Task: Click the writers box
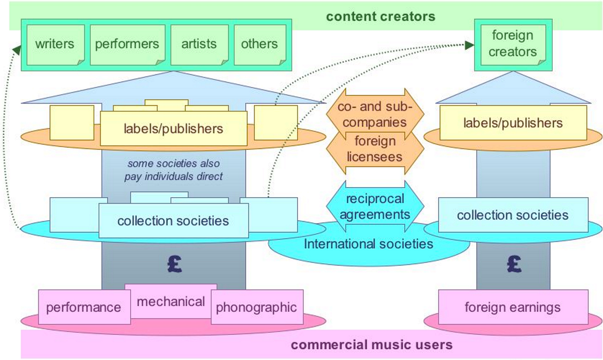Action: pos(54,44)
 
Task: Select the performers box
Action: pos(127,44)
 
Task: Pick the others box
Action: pos(259,44)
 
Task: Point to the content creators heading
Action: pos(380,16)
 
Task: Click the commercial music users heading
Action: pos(372,345)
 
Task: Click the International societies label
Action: pos(368,244)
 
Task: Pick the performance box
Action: pos(83,307)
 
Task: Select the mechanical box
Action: pos(171,301)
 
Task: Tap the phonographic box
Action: pos(256,307)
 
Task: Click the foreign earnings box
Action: pos(513,307)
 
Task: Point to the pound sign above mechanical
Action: pos(173,265)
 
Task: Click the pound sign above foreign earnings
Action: pos(515,262)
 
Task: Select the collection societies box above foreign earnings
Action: pos(513,215)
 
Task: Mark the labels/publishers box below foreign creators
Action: pos(513,123)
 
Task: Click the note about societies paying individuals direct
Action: pos(173,170)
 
